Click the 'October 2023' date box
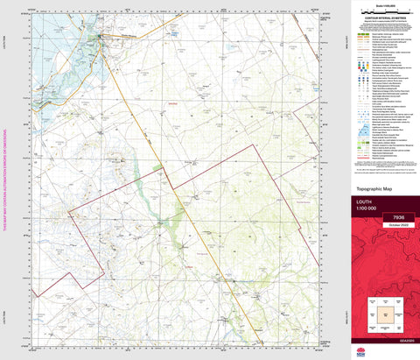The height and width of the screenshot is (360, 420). [398, 225]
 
